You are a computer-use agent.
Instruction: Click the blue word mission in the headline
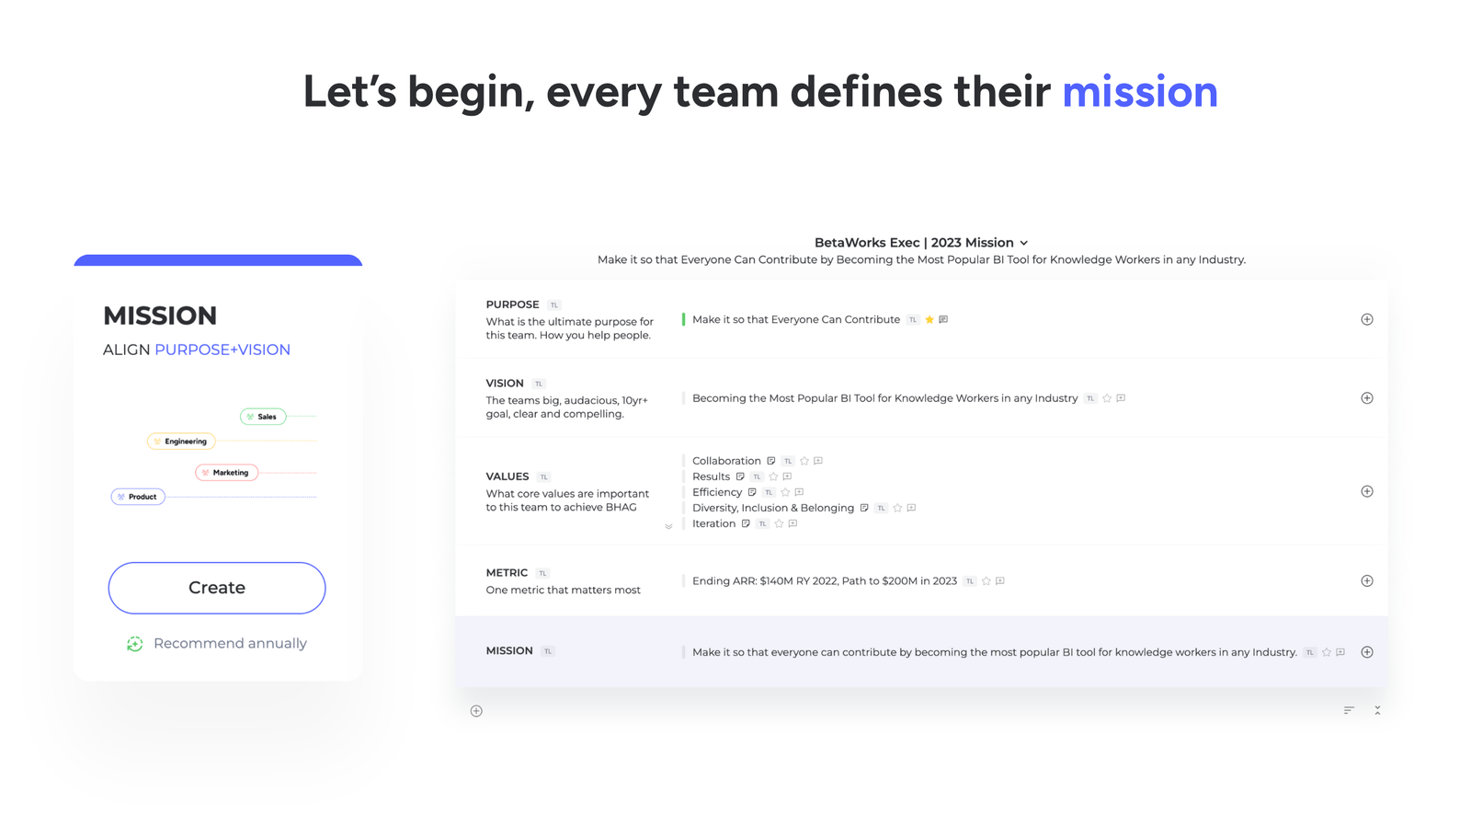click(1139, 92)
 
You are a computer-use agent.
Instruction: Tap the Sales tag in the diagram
click(264, 417)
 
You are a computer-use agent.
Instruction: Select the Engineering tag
click(182, 442)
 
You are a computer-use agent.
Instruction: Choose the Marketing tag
click(227, 473)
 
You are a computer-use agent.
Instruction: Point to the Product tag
click(139, 497)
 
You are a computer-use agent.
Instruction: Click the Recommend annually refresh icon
click(134, 644)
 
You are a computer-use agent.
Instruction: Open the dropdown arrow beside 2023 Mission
click(1024, 244)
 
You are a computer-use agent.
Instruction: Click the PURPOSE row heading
click(512, 304)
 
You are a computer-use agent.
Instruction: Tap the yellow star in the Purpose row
click(929, 320)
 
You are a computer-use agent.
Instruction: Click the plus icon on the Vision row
click(1366, 398)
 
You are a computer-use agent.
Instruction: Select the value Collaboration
click(726, 461)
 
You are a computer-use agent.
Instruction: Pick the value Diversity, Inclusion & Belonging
click(772, 508)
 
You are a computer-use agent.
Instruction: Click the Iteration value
click(713, 523)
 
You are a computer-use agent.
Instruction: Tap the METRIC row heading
click(507, 573)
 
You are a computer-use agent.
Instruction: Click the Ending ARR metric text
click(824, 581)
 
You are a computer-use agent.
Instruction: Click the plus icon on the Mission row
click(1366, 652)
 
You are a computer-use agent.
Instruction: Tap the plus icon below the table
click(476, 711)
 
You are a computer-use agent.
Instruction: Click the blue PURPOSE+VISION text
click(222, 350)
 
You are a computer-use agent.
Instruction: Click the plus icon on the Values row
click(1366, 491)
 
